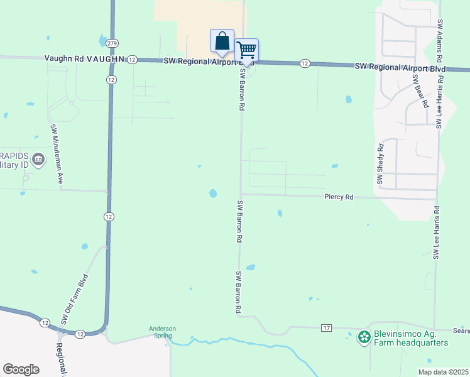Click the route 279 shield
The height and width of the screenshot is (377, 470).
(112, 43)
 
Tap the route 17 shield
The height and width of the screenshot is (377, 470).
(325, 329)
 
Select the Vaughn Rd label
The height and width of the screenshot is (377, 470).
(64, 58)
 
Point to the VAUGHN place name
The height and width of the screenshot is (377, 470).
(104, 58)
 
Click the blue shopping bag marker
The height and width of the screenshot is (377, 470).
(222, 41)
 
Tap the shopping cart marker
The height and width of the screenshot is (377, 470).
(247, 49)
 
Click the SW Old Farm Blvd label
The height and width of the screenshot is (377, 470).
(74, 299)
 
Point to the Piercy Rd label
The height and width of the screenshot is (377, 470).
(339, 197)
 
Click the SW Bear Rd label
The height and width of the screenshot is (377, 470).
(420, 90)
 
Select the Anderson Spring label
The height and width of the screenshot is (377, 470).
(162, 332)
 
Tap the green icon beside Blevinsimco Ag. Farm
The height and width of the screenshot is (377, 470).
(364, 338)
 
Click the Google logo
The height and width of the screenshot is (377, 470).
(21, 369)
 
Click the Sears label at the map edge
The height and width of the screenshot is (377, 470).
(461, 330)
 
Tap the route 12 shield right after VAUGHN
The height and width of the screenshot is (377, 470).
(132, 59)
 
